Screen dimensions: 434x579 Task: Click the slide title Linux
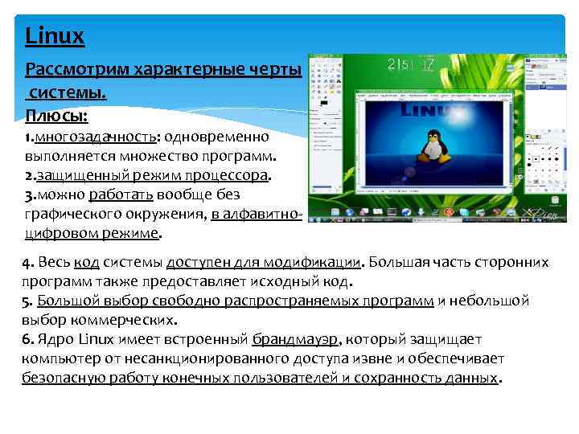(55, 36)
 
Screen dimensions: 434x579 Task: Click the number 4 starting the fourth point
(27, 262)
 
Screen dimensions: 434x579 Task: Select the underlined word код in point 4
(87, 263)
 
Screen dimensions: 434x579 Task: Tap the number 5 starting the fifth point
(27, 301)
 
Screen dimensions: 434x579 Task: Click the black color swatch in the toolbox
(322, 104)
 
